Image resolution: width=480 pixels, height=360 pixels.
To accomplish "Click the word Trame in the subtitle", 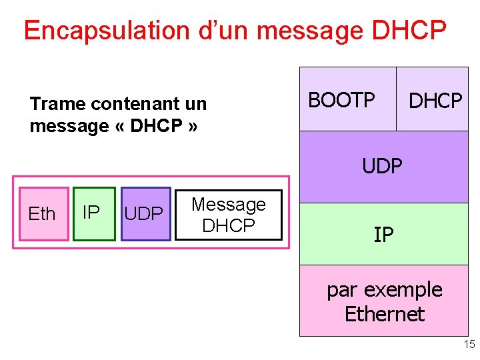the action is (58, 104).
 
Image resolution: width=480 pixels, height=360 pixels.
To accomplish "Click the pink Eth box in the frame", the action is (42, 213).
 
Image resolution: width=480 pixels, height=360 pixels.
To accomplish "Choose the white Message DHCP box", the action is (229, 215).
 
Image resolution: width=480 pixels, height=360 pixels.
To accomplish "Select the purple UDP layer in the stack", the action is (383, 166).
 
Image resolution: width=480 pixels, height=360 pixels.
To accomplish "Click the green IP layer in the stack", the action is (383, 234).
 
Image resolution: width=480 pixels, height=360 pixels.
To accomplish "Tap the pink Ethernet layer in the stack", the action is (383, 301).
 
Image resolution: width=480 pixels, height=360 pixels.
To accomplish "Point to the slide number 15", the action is (469, 345).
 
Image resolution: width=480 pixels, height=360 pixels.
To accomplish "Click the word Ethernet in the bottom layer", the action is (385, 313).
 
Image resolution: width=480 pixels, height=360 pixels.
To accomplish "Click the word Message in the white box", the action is (229, 204).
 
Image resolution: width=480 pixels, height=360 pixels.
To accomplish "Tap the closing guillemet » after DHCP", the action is (193, 126).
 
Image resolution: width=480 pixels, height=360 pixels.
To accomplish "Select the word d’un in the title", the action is (222, 31).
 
